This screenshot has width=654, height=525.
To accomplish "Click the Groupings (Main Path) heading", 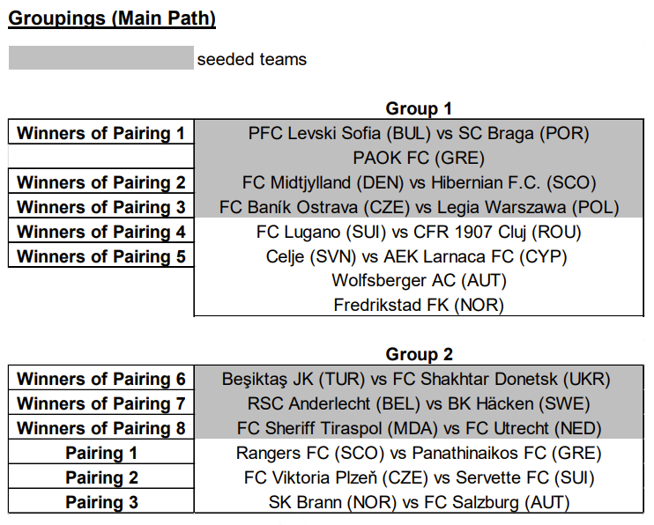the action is point(112,18).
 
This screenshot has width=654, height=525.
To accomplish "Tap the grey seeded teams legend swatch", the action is point(101,58).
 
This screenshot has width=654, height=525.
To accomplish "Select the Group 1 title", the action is point(419,109).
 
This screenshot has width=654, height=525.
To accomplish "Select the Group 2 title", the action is point(419,354).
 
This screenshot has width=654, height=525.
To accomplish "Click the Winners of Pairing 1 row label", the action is point(101,133).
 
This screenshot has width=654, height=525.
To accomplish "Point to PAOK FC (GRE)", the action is point(419,158).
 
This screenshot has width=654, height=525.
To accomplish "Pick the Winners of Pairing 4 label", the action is point(101,232).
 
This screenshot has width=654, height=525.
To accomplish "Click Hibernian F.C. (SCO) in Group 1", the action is point(514,182).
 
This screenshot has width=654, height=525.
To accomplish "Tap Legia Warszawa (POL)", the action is point(528,207).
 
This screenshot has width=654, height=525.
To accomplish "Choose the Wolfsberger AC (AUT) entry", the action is point(419,281).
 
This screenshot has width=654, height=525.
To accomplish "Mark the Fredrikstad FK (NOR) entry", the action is point(419,306).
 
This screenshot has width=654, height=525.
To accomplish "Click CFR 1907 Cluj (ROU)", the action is point(497,232).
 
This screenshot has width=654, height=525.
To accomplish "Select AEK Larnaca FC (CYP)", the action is point(475,256).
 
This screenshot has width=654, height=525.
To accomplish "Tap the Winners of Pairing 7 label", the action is point(101,403).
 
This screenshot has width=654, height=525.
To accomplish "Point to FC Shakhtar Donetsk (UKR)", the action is point(502,379).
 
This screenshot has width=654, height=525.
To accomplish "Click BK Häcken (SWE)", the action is point(519,403).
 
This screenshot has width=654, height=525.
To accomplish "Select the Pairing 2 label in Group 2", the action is point(101,478).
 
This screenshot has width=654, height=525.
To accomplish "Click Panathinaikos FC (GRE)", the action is point(507,454).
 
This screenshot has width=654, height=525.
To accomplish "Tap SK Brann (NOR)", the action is point(332,502).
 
